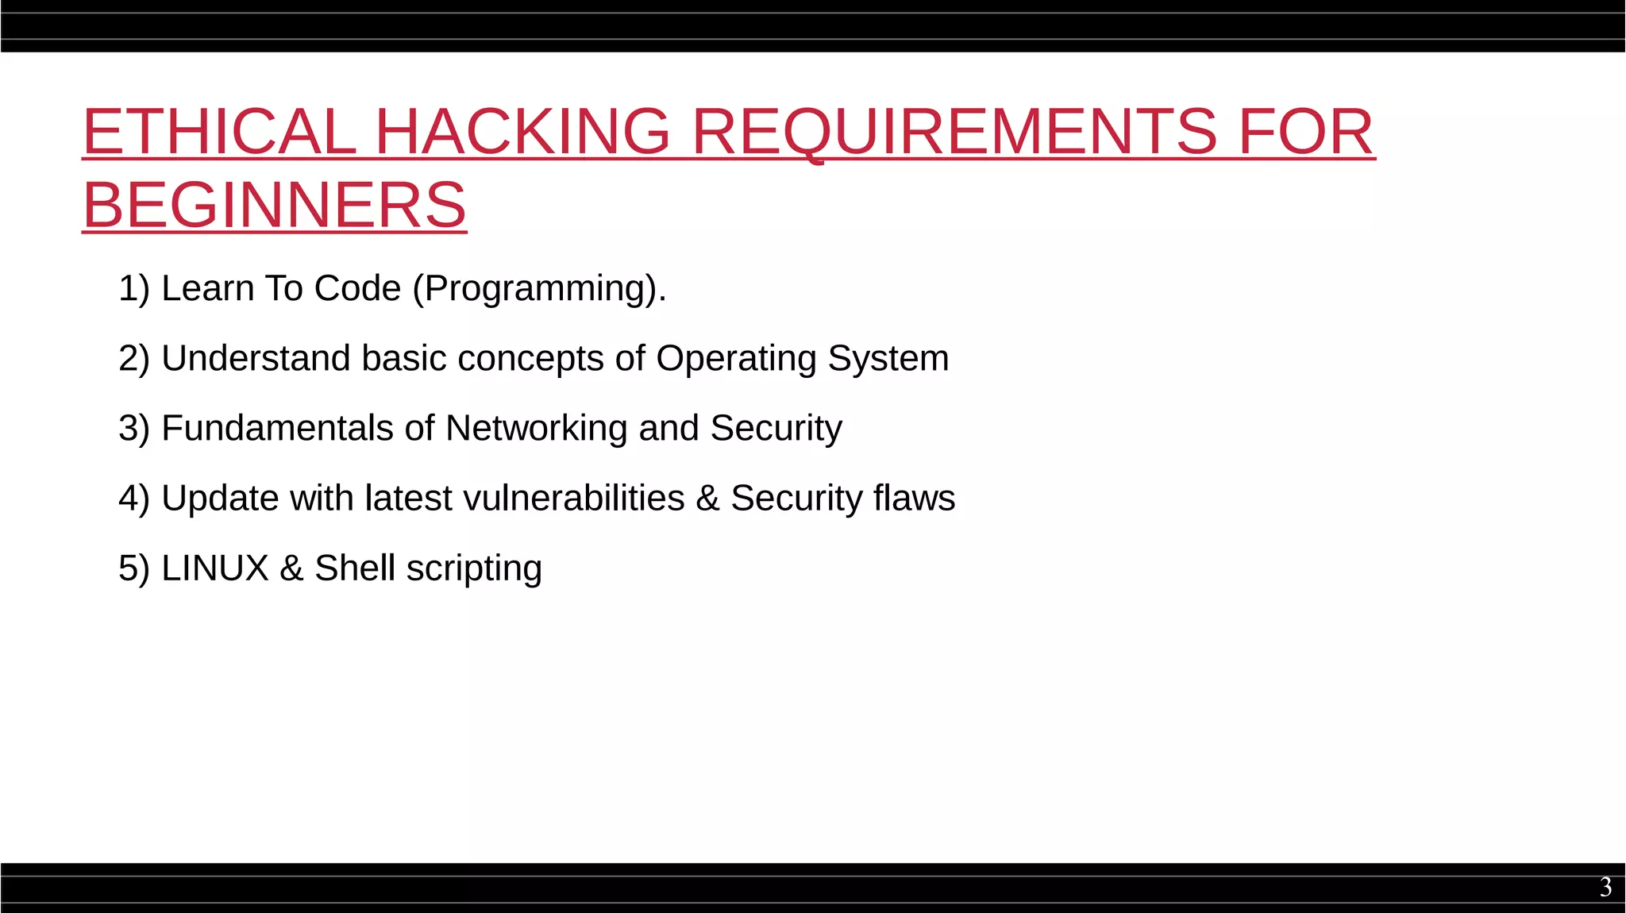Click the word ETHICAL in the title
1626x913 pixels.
(x=219, y=132)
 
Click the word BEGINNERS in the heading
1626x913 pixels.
(x=275, y=205)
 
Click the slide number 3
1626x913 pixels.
(x=1605, y=887)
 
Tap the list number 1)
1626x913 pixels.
(x=133, y=289)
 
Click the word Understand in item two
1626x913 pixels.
(x=256, y=359)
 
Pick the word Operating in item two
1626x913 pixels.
(x=736, y=359)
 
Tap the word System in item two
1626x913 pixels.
(x=888, y=359)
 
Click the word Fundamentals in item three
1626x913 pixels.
(x=277, y=429)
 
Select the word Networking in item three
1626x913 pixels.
(x=537, y=429)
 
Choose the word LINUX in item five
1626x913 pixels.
(x=215, y=568)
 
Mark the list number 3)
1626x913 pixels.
(x=133, y=429)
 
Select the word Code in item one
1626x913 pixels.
(x=357, y=289)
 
